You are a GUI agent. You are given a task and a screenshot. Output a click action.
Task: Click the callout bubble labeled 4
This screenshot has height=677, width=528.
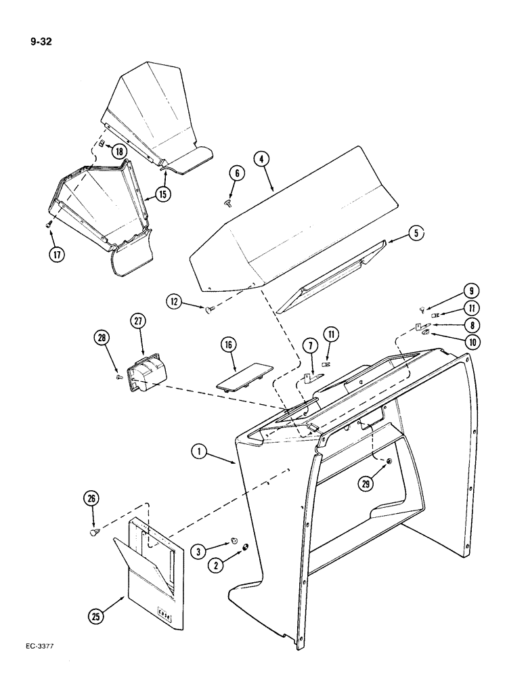(262, 160)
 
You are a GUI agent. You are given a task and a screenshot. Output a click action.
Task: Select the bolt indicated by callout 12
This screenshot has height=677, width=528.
(210, 310)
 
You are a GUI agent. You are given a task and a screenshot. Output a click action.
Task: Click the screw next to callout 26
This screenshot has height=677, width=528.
(95, 533)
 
